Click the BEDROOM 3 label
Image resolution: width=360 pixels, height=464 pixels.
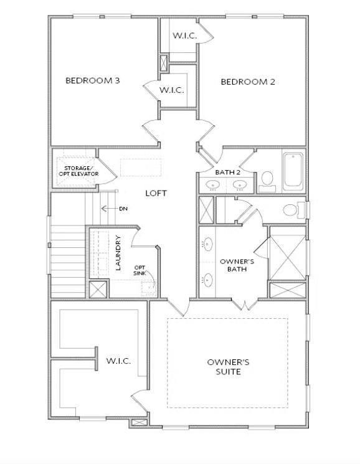[92, 80]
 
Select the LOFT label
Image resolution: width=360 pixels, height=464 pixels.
[156, 193]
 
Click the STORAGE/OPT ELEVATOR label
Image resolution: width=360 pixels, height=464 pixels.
[77, 171]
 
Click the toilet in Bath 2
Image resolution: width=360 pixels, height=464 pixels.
[268, 180]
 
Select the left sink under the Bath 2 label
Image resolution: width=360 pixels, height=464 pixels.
[213, 184]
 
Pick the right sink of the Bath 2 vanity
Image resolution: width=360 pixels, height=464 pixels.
[239, 184]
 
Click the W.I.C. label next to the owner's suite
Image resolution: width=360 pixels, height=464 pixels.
[118, 361]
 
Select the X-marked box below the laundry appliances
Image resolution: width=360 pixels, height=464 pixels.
[98, 290]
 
